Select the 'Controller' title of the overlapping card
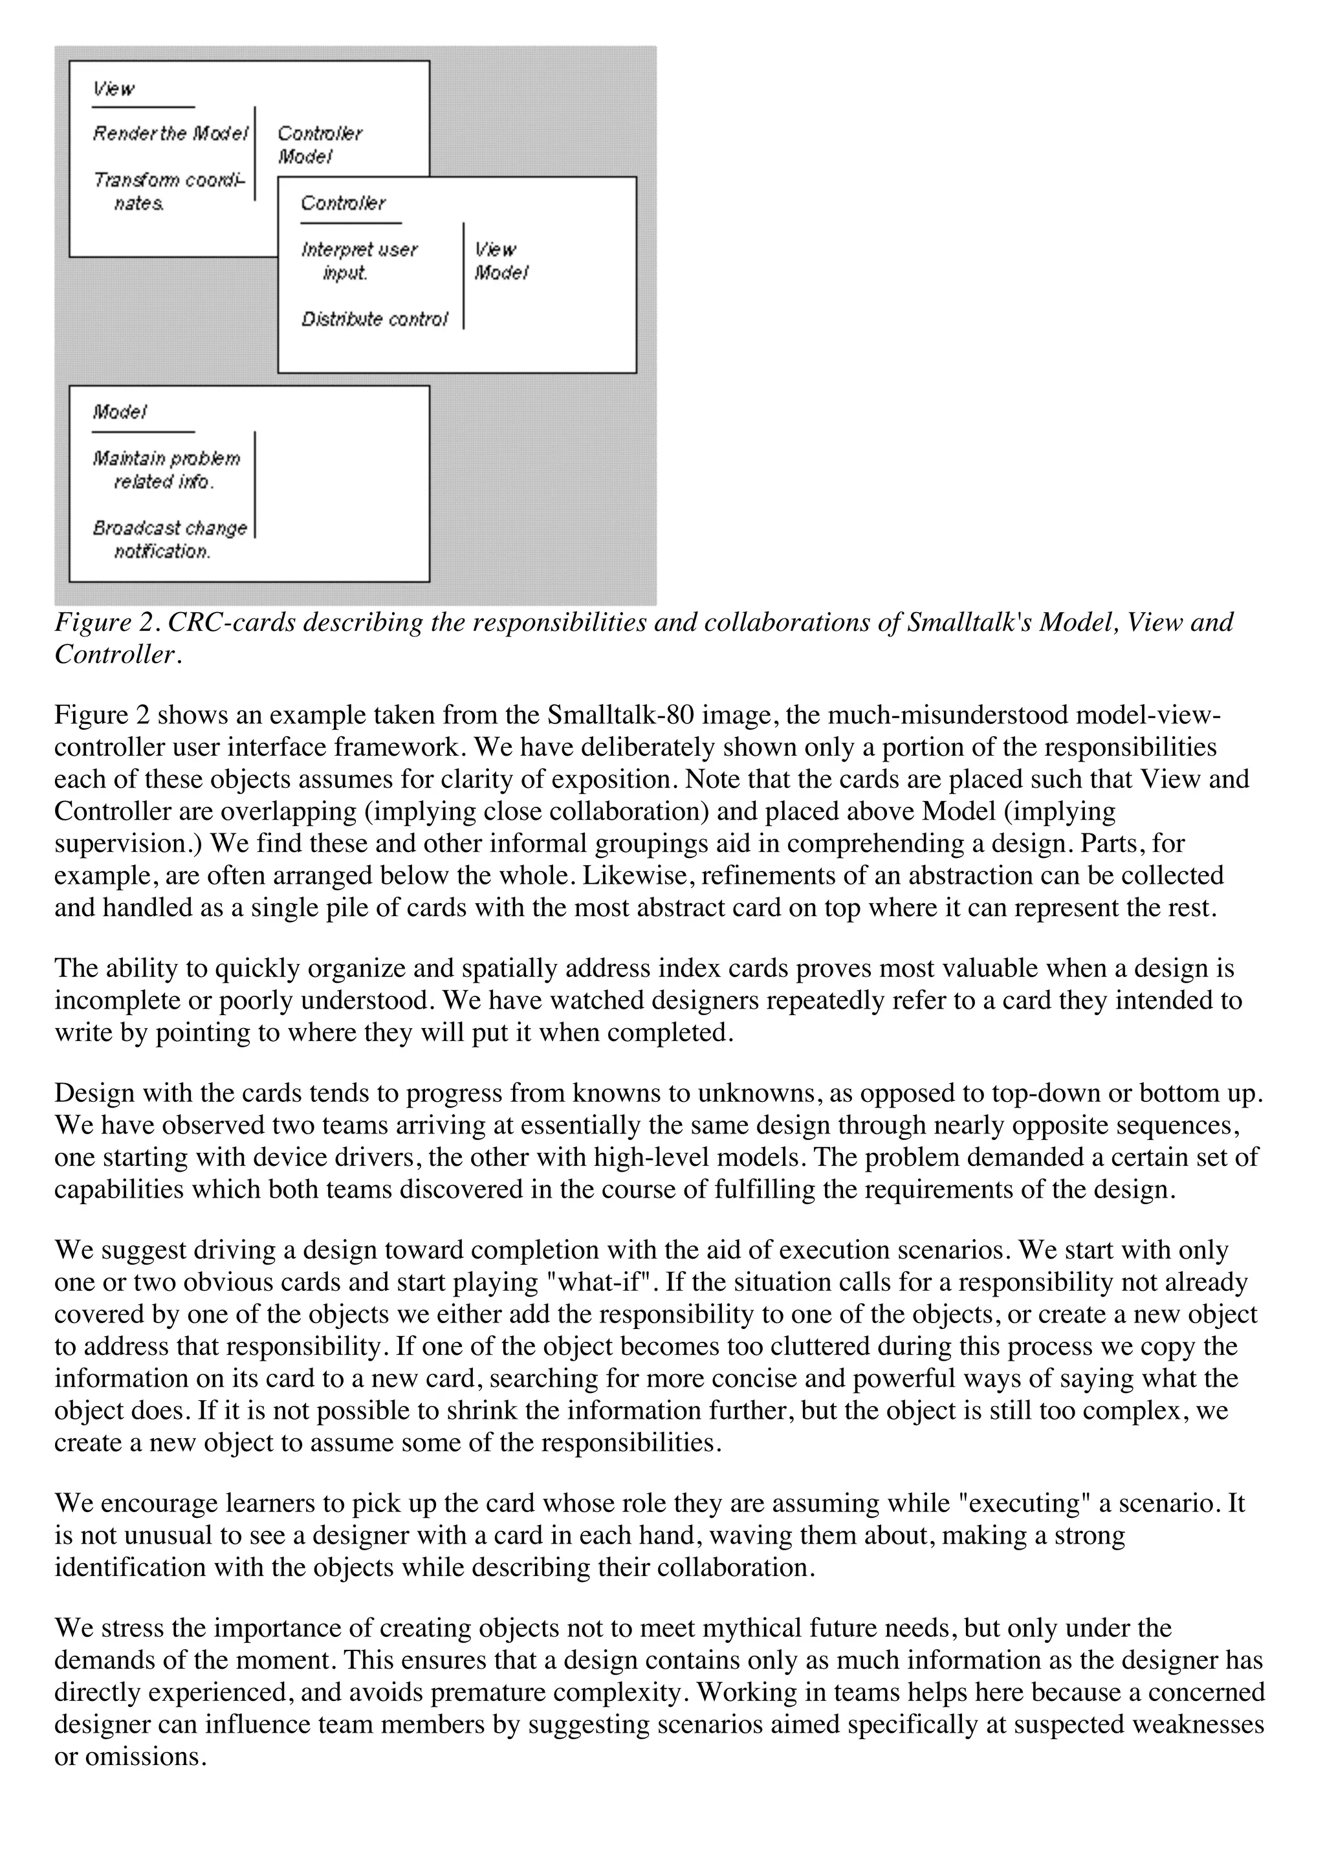pos(343,203)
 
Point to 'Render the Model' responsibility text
pos(170,133)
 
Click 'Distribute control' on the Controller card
pos(375,320)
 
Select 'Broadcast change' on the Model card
pos(170,529)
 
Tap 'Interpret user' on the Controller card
pos(359,250)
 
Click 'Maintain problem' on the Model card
pos(166,458)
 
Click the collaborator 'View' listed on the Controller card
pos(496,250)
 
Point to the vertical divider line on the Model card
pos(255,484)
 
